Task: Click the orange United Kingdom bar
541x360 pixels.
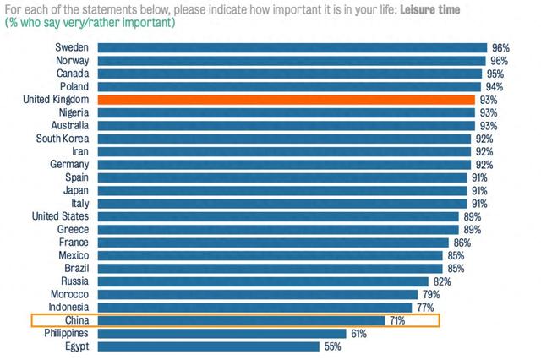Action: click(x=286, y=100)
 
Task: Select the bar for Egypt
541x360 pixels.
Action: click(x=208, y=346)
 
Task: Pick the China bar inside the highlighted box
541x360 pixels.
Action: click(x=240, y=320)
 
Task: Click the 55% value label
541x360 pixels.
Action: click(x=334, y=346)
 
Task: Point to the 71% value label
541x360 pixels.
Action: click(x=397, y=321)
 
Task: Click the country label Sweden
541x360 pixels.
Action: click(x=72, y=47)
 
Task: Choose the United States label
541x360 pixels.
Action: click(x=61, y=216)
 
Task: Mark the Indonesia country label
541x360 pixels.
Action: click(x=65, y=308)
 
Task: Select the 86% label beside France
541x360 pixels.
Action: click(x=462, y=243)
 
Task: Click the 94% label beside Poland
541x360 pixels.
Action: click(x=493, y=86)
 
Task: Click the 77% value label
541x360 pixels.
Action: click(x=424, y=308)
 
